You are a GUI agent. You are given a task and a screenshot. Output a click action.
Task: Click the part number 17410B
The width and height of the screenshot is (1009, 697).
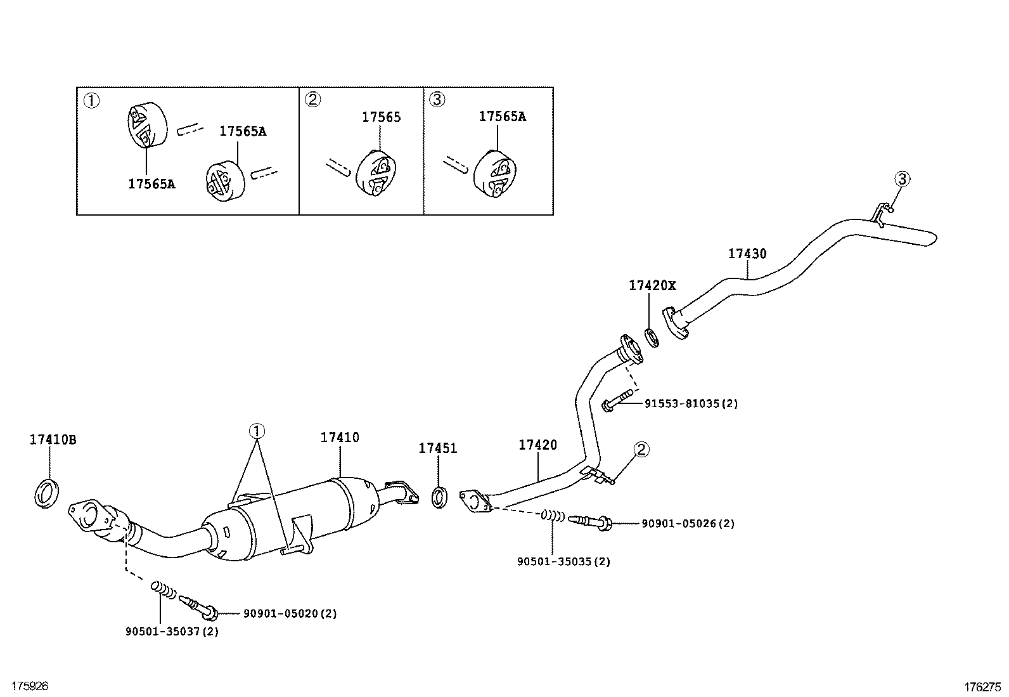pos(53,440)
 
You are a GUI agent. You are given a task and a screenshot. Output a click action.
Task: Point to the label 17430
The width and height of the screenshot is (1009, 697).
pos(747,254)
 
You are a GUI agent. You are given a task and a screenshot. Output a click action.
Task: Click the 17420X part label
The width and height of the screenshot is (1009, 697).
pos(652,285)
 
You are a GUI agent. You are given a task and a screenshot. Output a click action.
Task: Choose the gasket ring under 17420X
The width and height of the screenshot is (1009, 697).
pos(652,337)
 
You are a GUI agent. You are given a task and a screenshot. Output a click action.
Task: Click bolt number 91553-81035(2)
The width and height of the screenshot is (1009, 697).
pos(691,403)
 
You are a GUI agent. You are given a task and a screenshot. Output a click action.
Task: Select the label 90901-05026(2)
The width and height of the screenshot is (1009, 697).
pos(688,523)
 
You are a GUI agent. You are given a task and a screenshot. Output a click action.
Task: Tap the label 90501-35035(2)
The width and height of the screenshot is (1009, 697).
pos(563,561)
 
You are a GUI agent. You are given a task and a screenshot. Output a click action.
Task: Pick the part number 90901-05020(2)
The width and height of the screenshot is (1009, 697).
pos(290,613)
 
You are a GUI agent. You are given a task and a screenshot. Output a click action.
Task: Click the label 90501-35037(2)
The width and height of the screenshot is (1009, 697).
pos(172,631)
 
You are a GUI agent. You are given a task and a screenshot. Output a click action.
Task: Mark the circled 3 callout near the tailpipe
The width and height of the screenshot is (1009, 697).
pos(902,179)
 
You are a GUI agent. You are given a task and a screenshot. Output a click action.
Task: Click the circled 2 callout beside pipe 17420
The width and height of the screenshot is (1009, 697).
pos(642,450)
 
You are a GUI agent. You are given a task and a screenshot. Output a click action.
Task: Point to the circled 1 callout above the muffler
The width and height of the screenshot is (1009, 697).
pos(257,431)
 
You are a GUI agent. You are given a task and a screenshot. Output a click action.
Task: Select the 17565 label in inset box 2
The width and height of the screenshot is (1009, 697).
pos(381,117)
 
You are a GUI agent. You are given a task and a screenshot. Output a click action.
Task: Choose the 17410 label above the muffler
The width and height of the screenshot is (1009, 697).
pos(339,437)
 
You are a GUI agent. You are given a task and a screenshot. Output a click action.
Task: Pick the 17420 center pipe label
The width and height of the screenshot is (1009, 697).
pos(537,445)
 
